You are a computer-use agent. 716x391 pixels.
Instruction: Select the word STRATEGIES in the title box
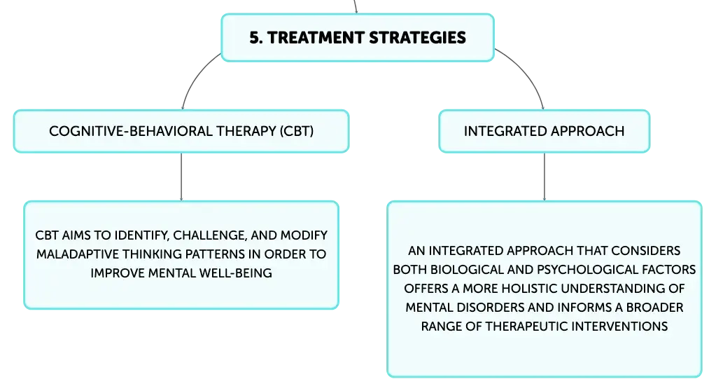[417, 38]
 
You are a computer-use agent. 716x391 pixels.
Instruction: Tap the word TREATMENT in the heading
[316, 38]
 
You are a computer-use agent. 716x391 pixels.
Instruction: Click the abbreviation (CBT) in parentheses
[297, 131]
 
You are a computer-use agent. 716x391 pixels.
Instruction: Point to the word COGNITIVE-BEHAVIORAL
[131, 131]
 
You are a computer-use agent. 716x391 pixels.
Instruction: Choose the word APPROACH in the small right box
[587, 131]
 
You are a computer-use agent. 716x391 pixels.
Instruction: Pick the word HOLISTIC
[529, 289]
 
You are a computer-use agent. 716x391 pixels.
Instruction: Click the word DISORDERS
[491, 308]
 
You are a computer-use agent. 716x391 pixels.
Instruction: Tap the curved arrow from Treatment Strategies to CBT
[195, 76]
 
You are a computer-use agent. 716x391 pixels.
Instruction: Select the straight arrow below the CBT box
[181, 177]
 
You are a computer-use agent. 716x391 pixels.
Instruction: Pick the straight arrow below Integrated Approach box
[545, 177]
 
